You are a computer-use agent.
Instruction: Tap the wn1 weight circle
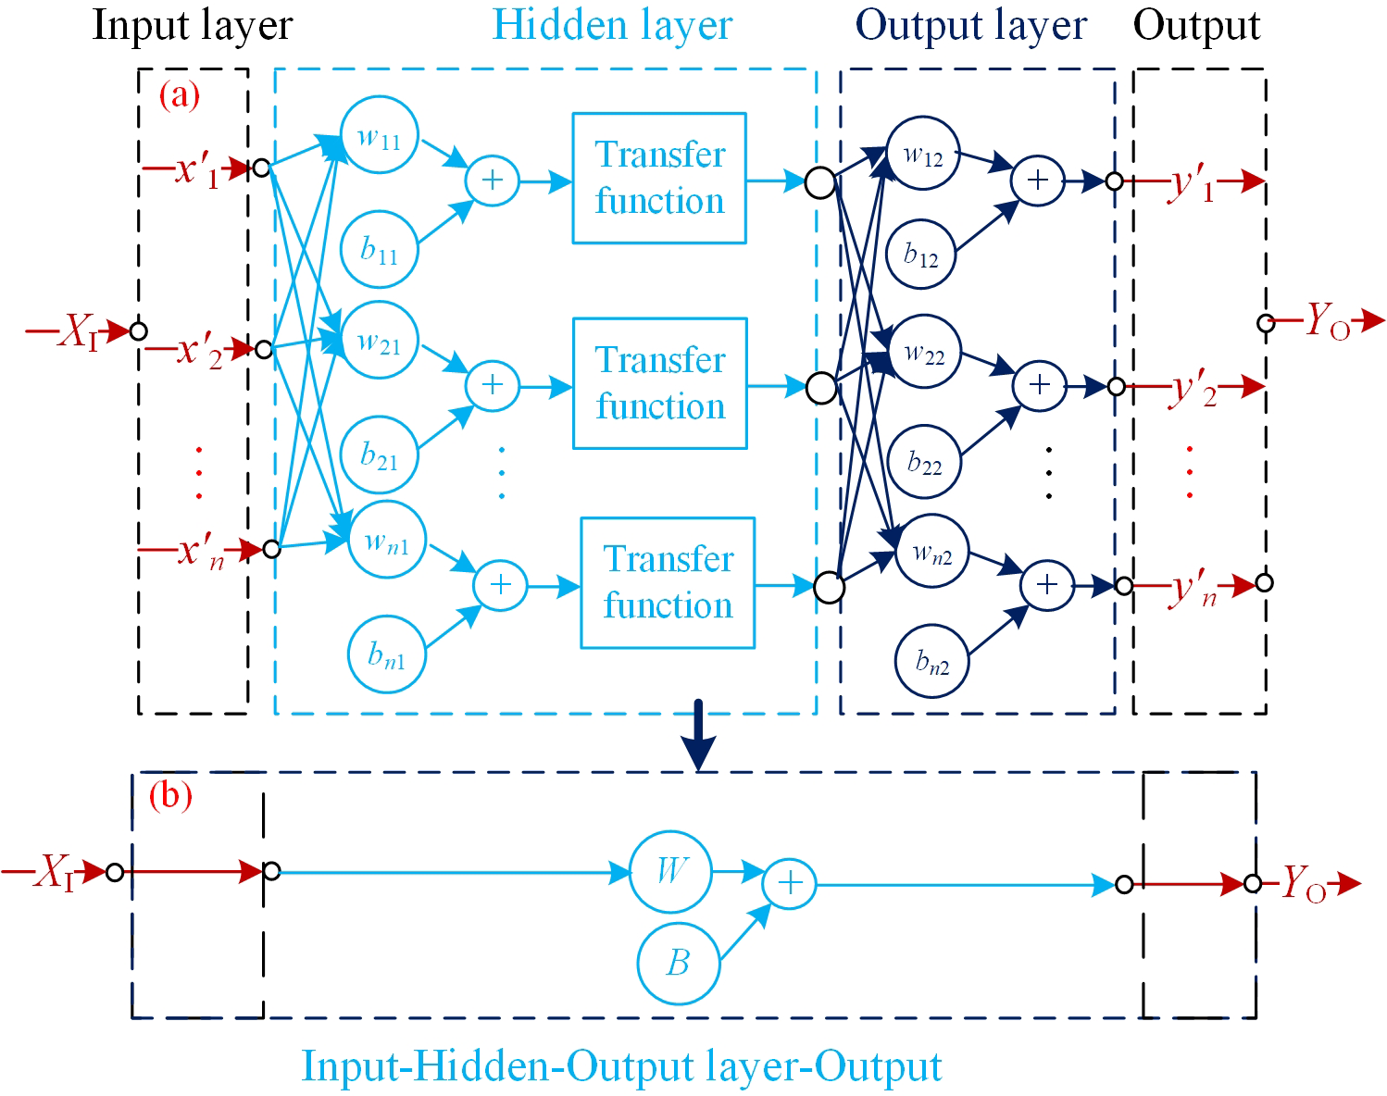(387, 540)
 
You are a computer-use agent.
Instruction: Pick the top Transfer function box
(659, 178)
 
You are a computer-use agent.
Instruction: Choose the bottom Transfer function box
(668, 582)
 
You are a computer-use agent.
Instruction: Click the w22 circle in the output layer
(924, 352)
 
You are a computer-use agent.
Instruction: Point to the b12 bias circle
(920, 255)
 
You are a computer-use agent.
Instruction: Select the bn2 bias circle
(932, 661)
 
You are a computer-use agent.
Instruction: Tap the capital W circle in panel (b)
(671, 871)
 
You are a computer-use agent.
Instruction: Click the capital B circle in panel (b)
(679, 963)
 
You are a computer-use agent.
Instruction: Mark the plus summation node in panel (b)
(790, 883)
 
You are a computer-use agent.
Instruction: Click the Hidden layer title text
(612, 25)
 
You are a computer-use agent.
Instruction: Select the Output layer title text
(971, 25)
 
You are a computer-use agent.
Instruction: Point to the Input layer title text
(193, 25)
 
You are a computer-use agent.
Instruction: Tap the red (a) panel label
(179, 94)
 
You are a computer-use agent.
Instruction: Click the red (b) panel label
(170, 795)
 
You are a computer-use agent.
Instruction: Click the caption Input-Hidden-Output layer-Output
(621, 1066)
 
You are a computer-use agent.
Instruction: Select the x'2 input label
(200, 351)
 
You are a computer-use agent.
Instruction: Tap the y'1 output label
(1193, 183)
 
